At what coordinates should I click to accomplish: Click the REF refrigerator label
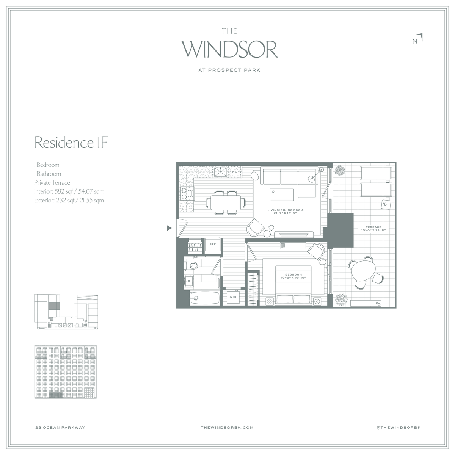pyautogui.click(x=212, y=245)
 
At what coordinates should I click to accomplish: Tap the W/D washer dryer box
pyautogui.click(x=233, y=297)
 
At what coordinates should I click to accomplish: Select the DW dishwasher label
pyautogui.click(x=235, y=172)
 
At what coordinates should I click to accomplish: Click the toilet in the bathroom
pyautogui.click(x=191, y=266)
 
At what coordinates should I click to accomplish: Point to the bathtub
pyautogui.click(x=205, y=298)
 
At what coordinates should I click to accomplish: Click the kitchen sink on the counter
pyautogui.click(x=221, y=172)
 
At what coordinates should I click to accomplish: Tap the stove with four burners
pyautogui.click(x=187, y=193)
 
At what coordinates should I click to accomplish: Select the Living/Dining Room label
pyautogui.click(x=285, y=212)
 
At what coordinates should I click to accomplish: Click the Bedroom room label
pyautogui.click(x=293, y=276)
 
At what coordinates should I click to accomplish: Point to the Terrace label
pyautogui.click(x=373, y=229)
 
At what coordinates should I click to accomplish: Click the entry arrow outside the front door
pyautogui.click(x=169, y=228)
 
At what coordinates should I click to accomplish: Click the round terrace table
pyautogui.click(x=363, y=271)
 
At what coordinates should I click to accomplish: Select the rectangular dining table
pyautogui.click(x=226, y=202)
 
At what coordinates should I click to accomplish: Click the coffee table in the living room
pyautogui.click(x=282, y=195)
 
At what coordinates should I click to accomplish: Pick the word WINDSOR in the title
pyautogui.click(x=229, y=49)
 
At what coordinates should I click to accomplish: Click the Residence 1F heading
pyautogui.click(x=71, y=143)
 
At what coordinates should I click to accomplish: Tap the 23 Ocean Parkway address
pyautogui.click(x=60, y=427)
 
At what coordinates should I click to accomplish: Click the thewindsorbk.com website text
pyautogui.click(x=227, y=427)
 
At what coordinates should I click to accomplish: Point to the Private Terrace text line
pyautogui.click(x=52, y=182)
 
